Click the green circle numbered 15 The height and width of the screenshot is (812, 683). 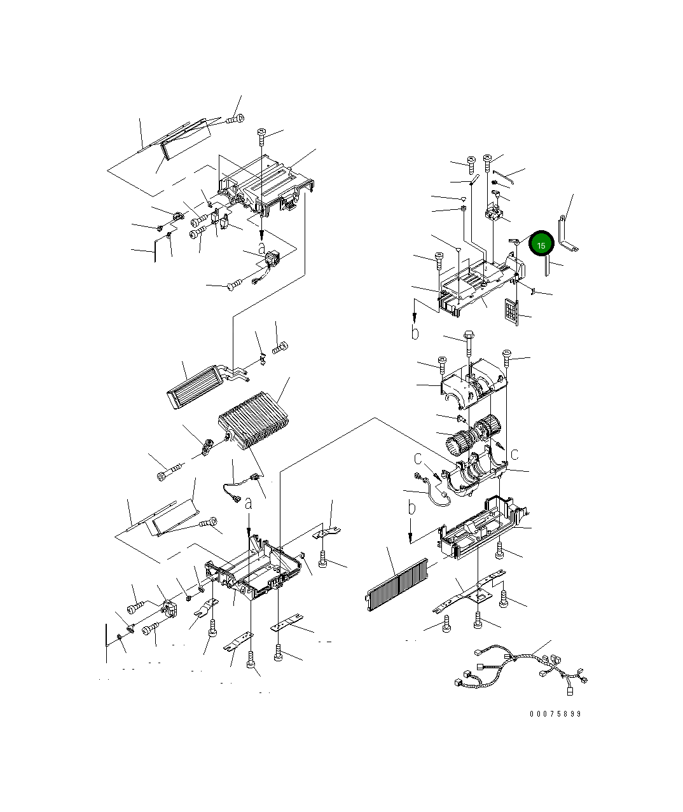(541, 244)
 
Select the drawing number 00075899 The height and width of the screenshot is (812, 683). (555, 713)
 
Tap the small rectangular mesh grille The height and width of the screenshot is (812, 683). (512, 311)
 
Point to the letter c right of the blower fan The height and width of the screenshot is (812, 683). (514, 453)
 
